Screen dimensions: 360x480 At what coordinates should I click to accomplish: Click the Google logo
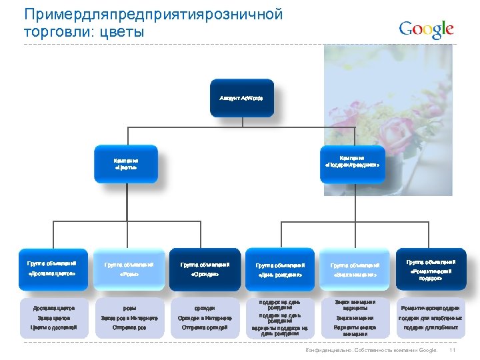[426, 29]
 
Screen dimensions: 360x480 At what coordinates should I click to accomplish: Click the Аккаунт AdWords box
[241, 99]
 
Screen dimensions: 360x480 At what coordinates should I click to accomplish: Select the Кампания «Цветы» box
[126, 164]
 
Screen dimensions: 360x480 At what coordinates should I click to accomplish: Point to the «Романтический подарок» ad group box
[430, 268]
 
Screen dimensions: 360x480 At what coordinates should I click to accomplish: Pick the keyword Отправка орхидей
[205, 327]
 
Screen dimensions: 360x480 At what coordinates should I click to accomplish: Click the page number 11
[453, 351]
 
